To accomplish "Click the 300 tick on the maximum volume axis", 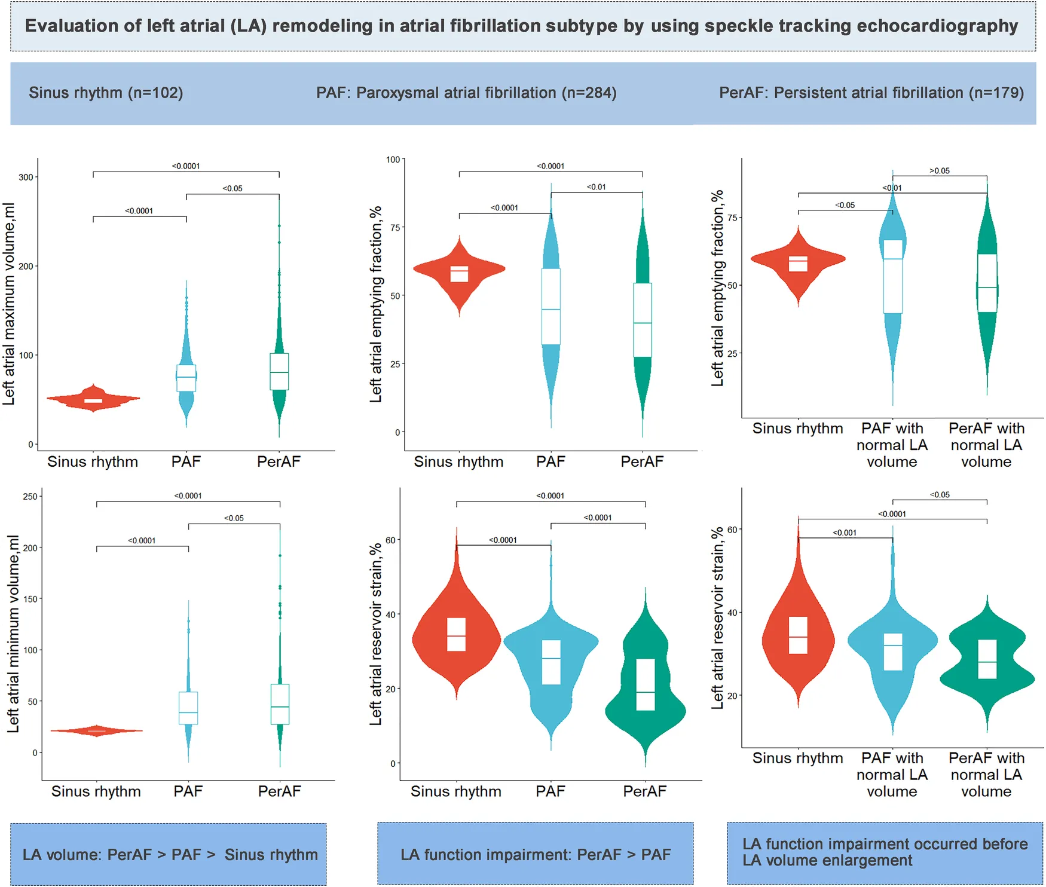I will pyautogui.click(x=26, y=177).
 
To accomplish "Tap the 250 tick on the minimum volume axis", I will pyautogui.click(x=30, y=496).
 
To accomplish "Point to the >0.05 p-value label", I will pyautogui.click(x=940, y=171).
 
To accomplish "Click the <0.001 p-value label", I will pyautogui.click(x=845, y=533).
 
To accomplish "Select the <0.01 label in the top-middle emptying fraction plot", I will pyautogui.click(x=596, y=187).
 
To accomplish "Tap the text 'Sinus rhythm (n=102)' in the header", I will pyautogui.click(x=106, y=93).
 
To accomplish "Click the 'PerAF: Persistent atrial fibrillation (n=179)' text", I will pyautogui.click(x=871, y=93).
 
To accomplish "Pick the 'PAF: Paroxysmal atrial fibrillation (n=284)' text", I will pyautogui.click(x=466, y=93).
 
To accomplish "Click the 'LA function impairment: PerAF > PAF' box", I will pyautogui.click(x=535, y=854).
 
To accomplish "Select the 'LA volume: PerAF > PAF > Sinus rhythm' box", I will pyautogui.click(x=169, y=854).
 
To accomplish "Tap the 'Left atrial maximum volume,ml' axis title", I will pyautogui.click(x=9, y=304).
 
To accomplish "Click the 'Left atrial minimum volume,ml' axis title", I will pyautogui.click(x=13, y=634).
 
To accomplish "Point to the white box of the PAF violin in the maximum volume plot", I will pyautogui.click(x=186, y=378).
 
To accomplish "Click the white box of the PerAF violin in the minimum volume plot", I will pyautogui.click(x=280, y=704).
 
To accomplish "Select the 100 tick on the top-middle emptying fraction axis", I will pyautogui.click(x=393, y=160).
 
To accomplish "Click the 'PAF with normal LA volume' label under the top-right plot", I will pyautogui.click(x=892, y=445).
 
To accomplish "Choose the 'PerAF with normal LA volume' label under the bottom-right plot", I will pyautogui.click(x=986, y=775).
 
